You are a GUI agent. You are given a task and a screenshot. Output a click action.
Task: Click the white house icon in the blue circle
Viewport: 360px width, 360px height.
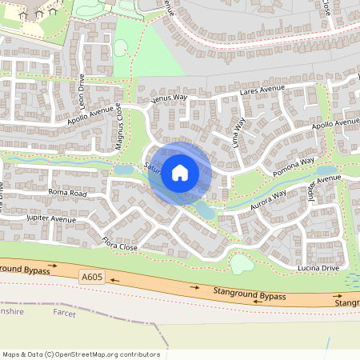tap(180, 173)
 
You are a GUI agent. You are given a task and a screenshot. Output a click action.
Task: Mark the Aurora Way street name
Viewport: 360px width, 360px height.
tap(268, 199)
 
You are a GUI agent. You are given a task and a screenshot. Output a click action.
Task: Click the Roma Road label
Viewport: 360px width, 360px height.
tap(66, 193)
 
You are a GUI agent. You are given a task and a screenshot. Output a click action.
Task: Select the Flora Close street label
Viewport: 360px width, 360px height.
tap(120, 244)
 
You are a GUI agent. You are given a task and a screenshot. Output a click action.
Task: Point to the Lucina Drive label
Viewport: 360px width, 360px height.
tap(320, 269)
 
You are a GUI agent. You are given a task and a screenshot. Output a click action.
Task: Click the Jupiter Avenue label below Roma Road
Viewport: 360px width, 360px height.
tap(50, 218)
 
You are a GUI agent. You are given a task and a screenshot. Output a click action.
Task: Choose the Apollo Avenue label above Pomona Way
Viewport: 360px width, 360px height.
tap(334, 125)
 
